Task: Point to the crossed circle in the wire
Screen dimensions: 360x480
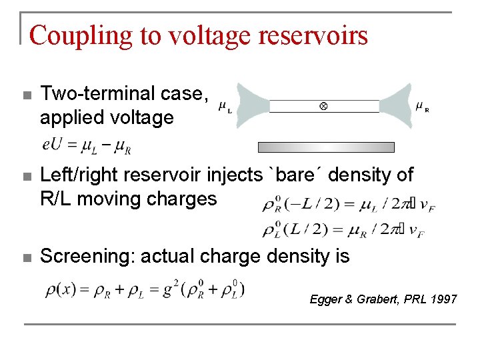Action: click(x=323, y=106)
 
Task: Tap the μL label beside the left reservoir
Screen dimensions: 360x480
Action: click(x=225, y=108)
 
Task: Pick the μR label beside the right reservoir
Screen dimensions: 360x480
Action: click(x=422, y=106)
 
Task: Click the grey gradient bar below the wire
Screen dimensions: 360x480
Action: click(x=326, y=147)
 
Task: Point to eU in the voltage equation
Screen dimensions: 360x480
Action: click(x=51, y=145)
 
